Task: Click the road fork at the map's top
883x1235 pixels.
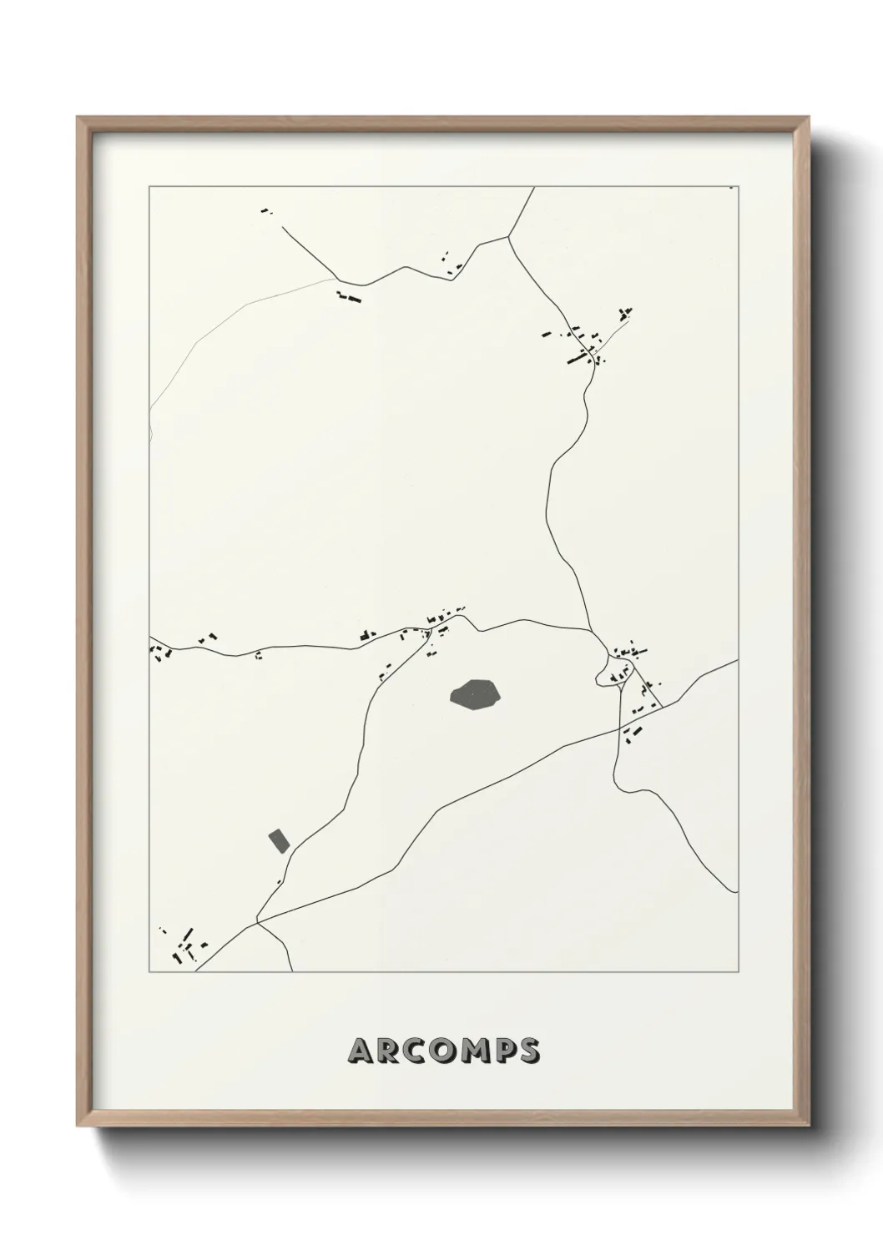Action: point(508,237)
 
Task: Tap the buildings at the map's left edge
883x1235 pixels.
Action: point(159,649)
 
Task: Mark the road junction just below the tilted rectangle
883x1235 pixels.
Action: point(258,921)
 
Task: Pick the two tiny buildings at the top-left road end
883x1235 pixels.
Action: point(267,211)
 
